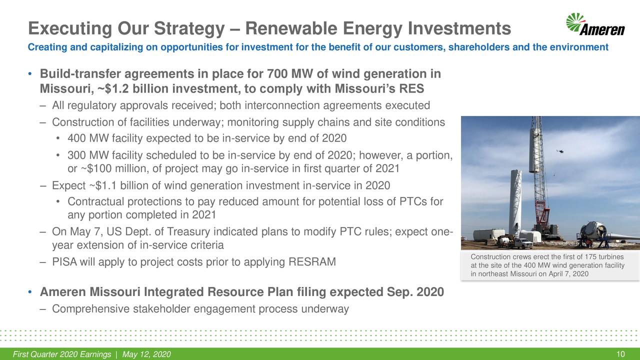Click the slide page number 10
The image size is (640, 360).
click(x=620, y=354)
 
